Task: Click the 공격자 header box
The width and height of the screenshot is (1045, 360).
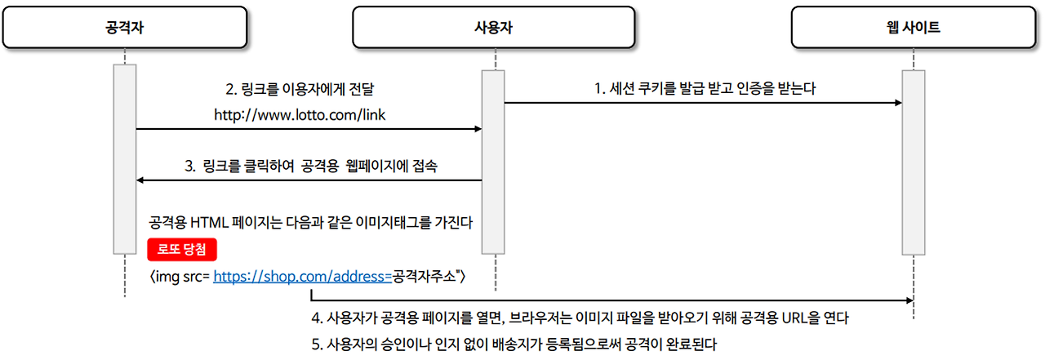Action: tap(124, 28)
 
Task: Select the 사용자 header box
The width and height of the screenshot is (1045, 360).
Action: tap(493, 28)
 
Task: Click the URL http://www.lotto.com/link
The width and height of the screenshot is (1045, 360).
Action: tap(300, 116)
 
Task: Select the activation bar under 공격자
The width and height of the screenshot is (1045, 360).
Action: tap(125, 158)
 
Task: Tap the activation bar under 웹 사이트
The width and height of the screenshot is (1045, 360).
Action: tap(913, 163)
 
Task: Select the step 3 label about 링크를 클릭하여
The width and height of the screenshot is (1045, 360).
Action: tap(309, 167)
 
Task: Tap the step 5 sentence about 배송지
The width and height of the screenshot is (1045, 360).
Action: tap(514, 344)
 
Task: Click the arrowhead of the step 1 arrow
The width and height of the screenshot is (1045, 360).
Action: tap(897, 103)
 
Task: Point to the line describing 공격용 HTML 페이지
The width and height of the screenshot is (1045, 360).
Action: tap(311, 222)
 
